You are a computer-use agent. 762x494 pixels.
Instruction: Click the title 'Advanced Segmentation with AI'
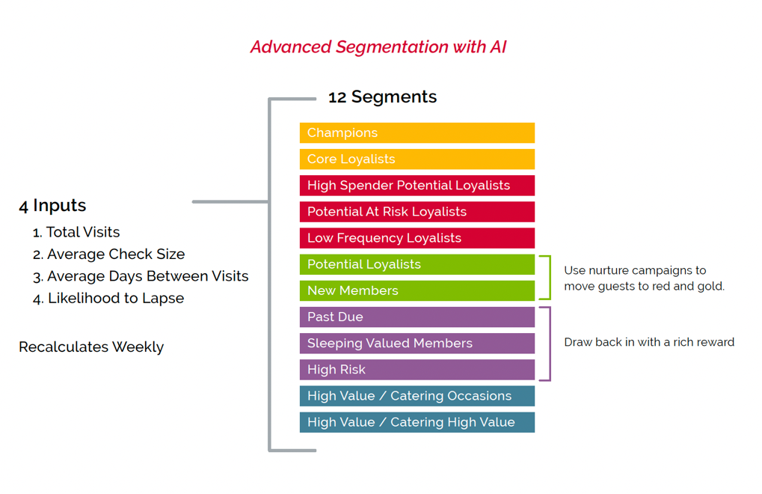[x=378, y=47]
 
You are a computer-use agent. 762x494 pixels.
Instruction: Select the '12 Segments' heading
[x=382, y=97]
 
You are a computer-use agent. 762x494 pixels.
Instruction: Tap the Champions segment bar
[x=417, y=133]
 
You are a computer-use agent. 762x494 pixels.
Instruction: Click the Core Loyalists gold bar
[x=417, y=159]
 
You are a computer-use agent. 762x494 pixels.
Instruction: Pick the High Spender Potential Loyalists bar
[x=417, y=186]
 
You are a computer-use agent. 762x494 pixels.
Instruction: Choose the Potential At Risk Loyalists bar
[x=417, y=212]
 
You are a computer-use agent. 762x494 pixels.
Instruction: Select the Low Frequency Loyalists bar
[x=417, y=238]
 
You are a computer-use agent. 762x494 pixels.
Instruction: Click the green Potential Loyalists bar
[x=417, y=264]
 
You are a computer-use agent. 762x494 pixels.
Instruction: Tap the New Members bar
[x=417, y=290]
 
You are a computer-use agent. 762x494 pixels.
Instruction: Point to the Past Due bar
[x=417, y=317]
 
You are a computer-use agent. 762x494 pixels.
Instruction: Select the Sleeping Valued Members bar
[x=417, y=344]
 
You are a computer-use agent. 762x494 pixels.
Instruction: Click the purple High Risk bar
[x=417, y=370]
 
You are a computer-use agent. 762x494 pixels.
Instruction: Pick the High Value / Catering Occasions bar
[x=417, y=396]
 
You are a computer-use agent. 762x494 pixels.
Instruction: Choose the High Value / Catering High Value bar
[x=417, y=422]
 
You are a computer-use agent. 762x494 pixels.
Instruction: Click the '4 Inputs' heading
[x=52, y=206]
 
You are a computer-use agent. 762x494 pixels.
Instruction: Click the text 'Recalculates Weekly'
[x=91, y=347]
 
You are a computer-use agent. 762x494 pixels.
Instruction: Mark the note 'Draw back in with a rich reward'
[x=649, y=342]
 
